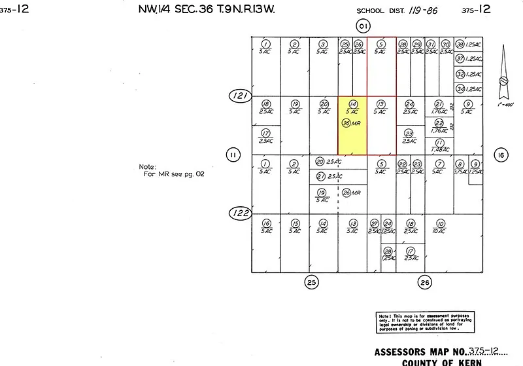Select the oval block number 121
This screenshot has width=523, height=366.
(x=241, y=96)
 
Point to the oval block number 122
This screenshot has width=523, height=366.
(x=240, y=213)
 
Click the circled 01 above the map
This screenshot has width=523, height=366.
(x=363, y=26)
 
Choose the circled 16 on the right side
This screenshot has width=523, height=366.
(x=501, y=155)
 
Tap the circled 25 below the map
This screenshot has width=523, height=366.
(x=312, y=282)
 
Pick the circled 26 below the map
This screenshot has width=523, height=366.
(x=425, y=282)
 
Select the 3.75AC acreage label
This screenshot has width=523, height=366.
(x=460, y=172)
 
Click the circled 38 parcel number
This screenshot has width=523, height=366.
(x=460, y=44)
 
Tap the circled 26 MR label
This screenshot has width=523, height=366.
(x=352, y=193)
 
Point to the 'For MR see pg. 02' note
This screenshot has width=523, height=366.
(x=169, y=171)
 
